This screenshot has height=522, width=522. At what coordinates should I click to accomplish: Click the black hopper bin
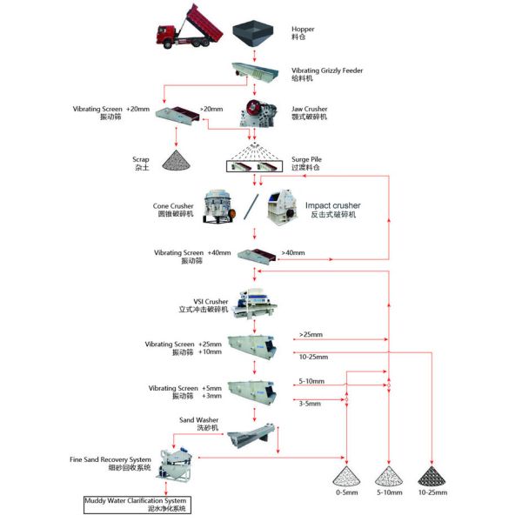tap(253, 33)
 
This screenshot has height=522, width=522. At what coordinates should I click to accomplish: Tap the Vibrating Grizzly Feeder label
tap(327, 70)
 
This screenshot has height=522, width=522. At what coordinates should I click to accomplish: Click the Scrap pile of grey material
tap(179, 159)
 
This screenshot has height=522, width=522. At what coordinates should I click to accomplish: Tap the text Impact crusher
tap(332, 205)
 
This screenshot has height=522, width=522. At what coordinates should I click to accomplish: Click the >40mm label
tap(292, 253)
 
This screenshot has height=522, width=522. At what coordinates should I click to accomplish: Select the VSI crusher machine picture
tap(254, 303)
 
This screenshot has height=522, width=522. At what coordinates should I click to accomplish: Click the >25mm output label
tap(311, 334)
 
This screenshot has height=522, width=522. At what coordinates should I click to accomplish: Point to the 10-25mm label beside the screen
tap(313, 357)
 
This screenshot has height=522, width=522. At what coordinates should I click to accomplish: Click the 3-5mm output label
tap(309, 403)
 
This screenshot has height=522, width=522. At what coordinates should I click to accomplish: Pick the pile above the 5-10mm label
tap(389, 476)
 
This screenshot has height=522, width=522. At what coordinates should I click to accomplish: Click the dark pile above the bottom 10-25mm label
tap(432, 476)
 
